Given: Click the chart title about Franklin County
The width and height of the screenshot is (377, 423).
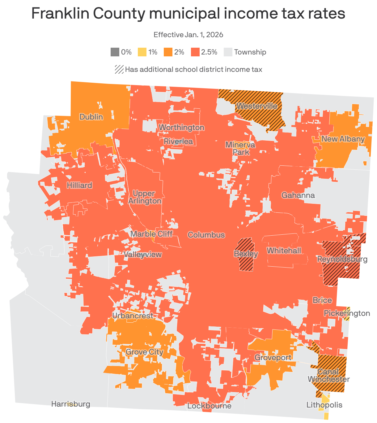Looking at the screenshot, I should (x=188, y=14).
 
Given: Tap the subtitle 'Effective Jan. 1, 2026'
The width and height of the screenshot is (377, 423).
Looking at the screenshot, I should (x=188, y=34).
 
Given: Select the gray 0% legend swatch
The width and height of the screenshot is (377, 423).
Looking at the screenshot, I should (x=115, y=52).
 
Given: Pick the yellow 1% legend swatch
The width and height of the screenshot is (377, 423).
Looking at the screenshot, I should (x=142, y=52).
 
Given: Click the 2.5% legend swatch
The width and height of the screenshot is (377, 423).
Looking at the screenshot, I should (x=195, y=52).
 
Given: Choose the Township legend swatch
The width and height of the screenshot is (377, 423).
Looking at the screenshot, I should (x=228, y=52).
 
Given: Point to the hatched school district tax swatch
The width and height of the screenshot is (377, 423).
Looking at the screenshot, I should (x=119, y=69).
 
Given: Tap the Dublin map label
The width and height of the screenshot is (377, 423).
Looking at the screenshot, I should (x=91, y=117).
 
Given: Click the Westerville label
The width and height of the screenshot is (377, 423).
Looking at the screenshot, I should (x=256, y=106).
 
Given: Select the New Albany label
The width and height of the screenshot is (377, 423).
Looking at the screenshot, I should (x=343, y=139).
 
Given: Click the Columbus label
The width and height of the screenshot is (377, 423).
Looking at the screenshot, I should (x=206, y=235).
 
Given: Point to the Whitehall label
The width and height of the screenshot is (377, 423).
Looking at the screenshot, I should (x=284, y=251).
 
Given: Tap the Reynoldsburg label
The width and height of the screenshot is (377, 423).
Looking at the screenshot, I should (x=342, y=259).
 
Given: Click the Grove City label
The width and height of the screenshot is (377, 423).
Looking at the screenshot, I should (x=144, y=352).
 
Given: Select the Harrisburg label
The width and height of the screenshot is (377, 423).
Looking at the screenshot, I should (x=71, y=404).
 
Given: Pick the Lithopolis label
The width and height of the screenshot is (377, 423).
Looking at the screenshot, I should (x=324, y=405).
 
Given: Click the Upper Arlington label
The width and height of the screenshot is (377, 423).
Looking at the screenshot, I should (x=145, y=197).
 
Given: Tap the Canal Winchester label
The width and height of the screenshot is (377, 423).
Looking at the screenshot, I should (x=328, y=375).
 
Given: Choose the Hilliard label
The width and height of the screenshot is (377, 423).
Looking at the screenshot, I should (x=79, y=185).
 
